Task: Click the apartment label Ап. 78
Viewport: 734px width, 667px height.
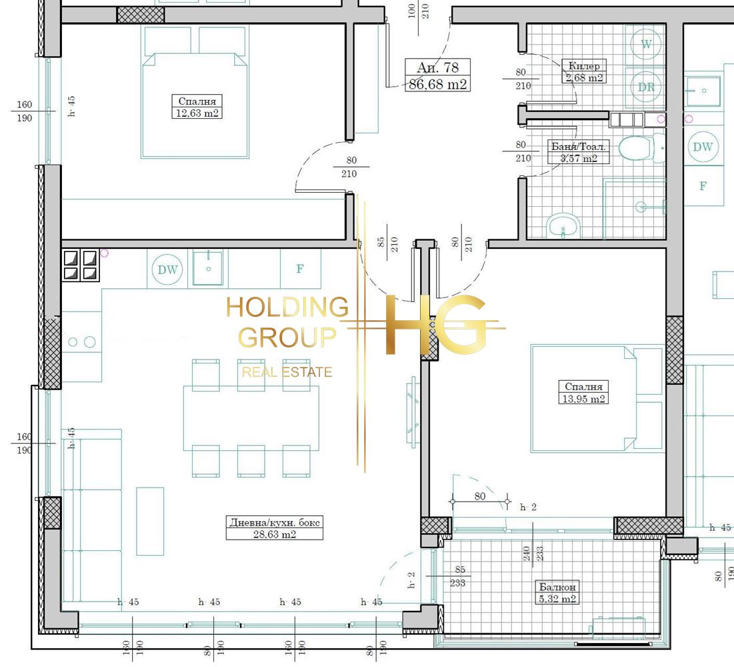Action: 437,67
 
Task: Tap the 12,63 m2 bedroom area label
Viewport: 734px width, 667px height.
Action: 197,113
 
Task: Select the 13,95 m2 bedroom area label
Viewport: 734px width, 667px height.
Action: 583,399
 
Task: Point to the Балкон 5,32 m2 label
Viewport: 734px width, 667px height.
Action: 557,592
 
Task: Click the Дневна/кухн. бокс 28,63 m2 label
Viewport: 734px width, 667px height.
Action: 274,528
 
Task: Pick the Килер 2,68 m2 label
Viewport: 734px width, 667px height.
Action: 584,71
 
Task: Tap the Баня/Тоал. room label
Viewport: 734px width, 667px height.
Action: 579,147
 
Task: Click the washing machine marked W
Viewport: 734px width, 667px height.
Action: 645,45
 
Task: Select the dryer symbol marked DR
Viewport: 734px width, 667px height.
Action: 646,87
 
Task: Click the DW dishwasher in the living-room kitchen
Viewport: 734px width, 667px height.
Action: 167,269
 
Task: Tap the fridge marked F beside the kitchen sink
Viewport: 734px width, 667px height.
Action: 300,269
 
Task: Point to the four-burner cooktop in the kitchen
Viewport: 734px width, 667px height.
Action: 81,265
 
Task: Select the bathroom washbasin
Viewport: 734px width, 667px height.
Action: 563,227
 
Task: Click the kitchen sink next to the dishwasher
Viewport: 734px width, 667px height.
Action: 207,268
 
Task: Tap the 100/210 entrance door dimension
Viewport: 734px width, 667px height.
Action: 419,11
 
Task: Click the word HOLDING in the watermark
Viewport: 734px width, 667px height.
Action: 287,307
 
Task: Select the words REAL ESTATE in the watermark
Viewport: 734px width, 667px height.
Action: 287,372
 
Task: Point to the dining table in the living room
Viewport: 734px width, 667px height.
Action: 251,418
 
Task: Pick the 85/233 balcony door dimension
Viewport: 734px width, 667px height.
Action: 458,576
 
